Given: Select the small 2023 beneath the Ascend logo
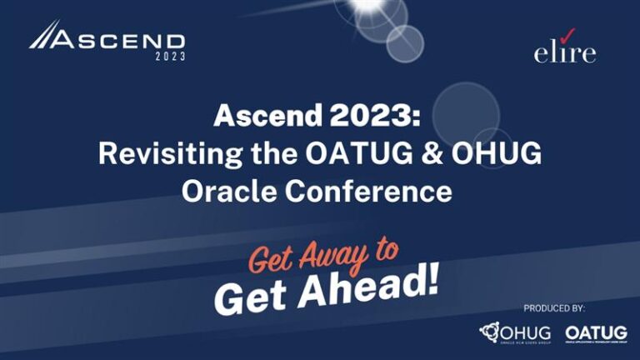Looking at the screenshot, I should pos(171,57).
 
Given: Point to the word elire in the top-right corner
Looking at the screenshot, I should pos(565,53).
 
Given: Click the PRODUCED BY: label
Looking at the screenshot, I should pos(555,308).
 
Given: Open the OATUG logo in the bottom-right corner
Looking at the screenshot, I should pos(595,333).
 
